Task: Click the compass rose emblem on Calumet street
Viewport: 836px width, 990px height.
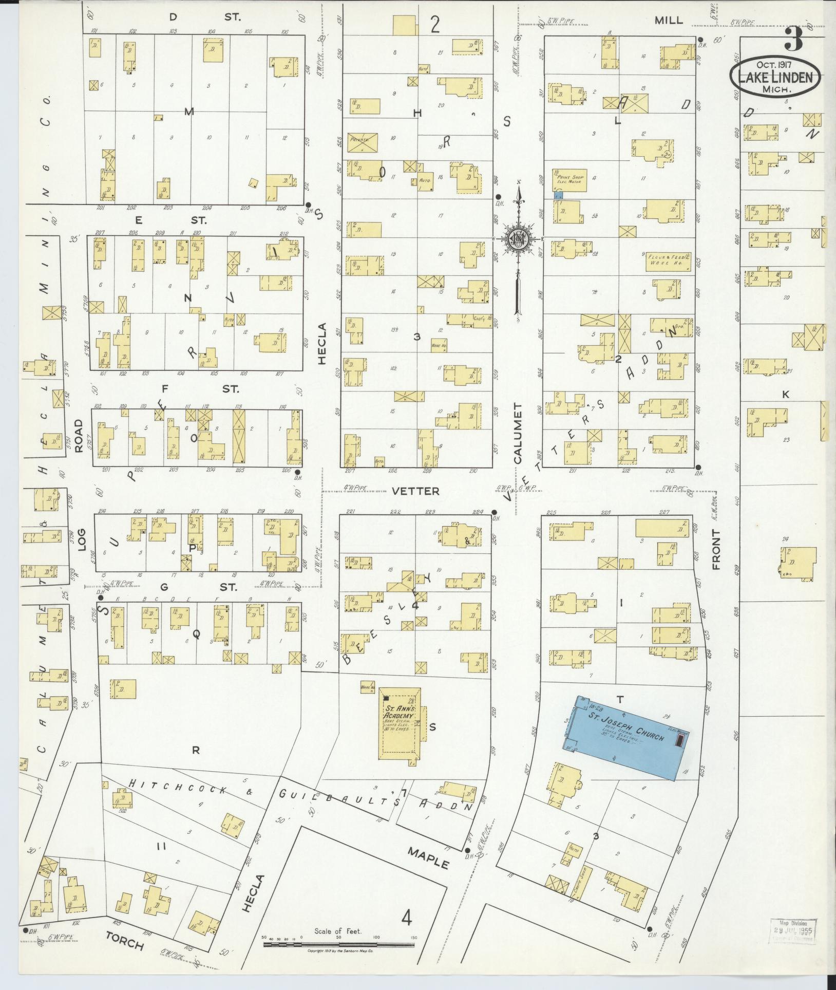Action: tap(520, 239)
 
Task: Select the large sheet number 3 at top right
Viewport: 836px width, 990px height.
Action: tap(794, 40)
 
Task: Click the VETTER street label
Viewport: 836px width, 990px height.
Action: tap(415, 491)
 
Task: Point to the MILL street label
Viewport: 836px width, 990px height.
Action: tap(669, 21)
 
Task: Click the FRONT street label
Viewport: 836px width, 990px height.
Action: tap(717, 550)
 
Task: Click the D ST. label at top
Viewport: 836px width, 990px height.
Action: tap(205, 17)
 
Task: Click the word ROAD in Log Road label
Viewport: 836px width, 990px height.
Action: tap(79, 436)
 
